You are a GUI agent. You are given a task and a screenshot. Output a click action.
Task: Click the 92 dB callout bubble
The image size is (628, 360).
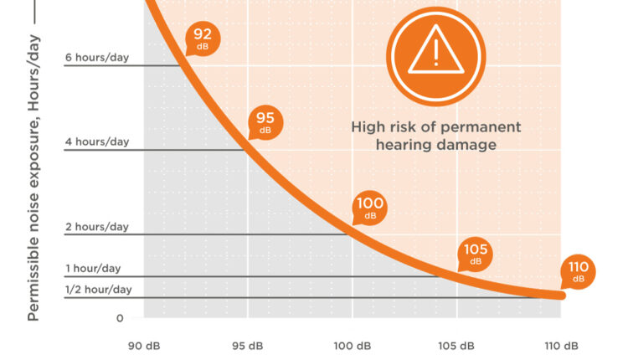pos(203,39)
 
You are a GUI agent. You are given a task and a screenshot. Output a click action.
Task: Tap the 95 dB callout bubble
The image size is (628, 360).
pos(265,123)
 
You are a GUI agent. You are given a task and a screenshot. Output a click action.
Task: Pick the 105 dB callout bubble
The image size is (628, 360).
pos(476,254)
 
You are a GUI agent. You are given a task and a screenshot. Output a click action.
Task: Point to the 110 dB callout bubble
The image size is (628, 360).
pos(579,271)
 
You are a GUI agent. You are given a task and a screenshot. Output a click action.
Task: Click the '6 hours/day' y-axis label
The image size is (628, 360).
pos(97,58)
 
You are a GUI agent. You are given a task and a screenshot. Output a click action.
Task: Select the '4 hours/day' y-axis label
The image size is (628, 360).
pos(97,141)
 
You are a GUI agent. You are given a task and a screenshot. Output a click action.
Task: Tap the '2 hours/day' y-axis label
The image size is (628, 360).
pos(97,227)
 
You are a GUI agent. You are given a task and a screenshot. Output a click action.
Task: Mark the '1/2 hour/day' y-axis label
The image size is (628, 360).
pos(99,290)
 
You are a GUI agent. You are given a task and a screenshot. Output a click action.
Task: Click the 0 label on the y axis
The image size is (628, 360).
pos(120,318)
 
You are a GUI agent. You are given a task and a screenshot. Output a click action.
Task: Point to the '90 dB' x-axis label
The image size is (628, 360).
pos(143,346)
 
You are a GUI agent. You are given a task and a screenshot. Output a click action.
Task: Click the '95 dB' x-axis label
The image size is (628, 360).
pos(247,346)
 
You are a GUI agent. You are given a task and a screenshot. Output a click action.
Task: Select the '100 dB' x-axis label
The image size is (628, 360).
pos(352,346)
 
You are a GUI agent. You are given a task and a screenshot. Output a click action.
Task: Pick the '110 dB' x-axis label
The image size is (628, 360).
pos(560,346)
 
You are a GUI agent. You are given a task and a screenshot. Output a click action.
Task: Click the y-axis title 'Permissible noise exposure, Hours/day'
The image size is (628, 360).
pos(34,176)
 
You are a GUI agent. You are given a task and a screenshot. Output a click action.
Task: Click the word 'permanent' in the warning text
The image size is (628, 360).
pos(483,127)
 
